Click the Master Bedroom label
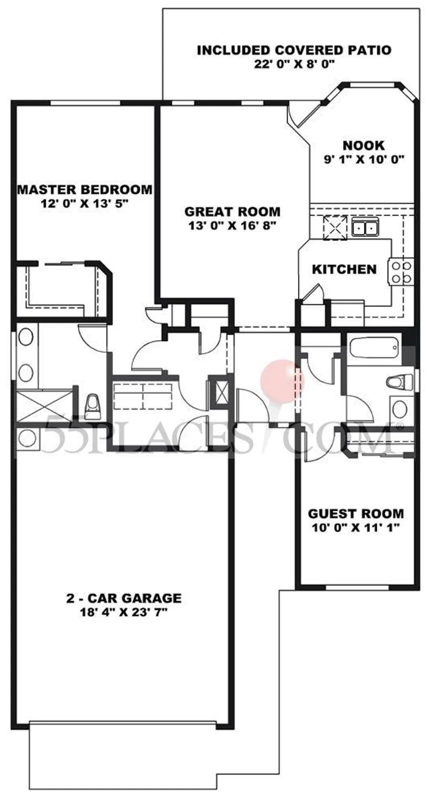tap(85, 189)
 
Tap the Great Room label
tap(232, 211)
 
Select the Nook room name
tap(364, 145)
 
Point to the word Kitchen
tap(344, 269)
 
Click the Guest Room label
tap(356, 514)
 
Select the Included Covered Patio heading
tap(294, 50)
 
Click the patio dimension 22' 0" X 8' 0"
tap(294, 64)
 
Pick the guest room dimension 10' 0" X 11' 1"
tap(356, 527)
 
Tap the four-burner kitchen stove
tap(401, 272)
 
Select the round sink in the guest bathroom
tap(400, 408)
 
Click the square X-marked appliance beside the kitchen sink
tap(335, 227)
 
